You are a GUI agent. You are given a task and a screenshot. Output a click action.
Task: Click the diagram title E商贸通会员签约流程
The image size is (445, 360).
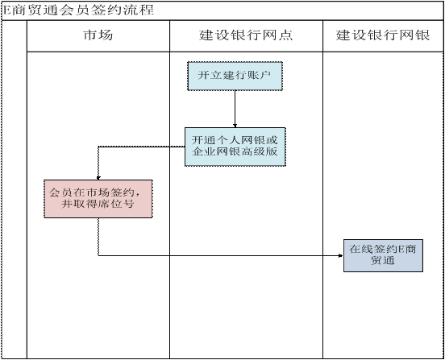77,10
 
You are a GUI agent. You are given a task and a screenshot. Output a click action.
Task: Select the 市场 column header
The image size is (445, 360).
98,35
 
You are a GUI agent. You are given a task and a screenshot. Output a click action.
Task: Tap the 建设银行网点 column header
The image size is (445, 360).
246,35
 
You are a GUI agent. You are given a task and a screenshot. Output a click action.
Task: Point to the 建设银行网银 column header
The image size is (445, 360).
383,35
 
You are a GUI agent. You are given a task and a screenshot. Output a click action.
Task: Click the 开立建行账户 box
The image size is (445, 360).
235,76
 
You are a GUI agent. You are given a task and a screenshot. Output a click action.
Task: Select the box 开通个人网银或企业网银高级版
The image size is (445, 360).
235,147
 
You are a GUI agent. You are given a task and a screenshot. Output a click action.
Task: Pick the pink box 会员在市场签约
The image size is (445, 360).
98,199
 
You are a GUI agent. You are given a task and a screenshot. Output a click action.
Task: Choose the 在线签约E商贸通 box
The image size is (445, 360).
383,255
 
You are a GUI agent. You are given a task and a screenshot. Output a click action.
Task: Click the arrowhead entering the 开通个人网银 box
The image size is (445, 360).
235,126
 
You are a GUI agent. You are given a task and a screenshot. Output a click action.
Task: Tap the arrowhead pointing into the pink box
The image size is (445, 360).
98,178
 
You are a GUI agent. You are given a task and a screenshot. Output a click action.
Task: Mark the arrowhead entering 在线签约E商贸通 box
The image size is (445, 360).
341,255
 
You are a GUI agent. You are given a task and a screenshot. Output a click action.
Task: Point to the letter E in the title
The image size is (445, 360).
6,10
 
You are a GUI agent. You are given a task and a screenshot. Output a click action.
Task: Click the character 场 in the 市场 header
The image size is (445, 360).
106,35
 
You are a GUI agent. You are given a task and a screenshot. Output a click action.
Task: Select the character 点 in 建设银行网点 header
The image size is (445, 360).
285,35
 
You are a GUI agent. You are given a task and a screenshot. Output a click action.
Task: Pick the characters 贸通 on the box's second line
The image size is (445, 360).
383,260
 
